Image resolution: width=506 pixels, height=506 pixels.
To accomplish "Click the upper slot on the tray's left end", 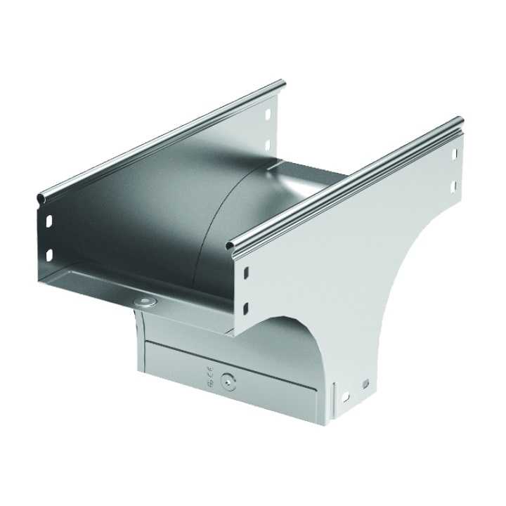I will point(50,221).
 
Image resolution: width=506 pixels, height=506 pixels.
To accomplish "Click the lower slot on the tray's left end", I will point(50,254).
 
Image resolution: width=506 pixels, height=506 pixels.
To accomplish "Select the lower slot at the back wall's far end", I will point(268,145).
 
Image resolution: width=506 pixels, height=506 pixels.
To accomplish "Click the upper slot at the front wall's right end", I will point(455,153).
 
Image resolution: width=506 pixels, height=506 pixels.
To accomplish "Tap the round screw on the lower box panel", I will point(227,382).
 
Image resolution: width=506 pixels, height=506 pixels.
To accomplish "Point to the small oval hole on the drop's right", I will point(365,384).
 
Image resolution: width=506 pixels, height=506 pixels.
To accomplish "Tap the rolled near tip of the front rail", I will point(231,245).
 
